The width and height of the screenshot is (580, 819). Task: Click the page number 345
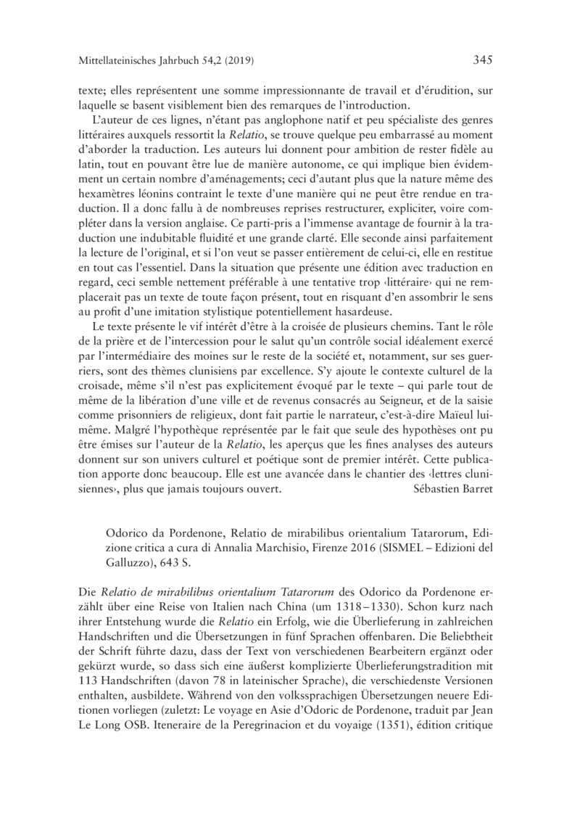click(x=481, y=59)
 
